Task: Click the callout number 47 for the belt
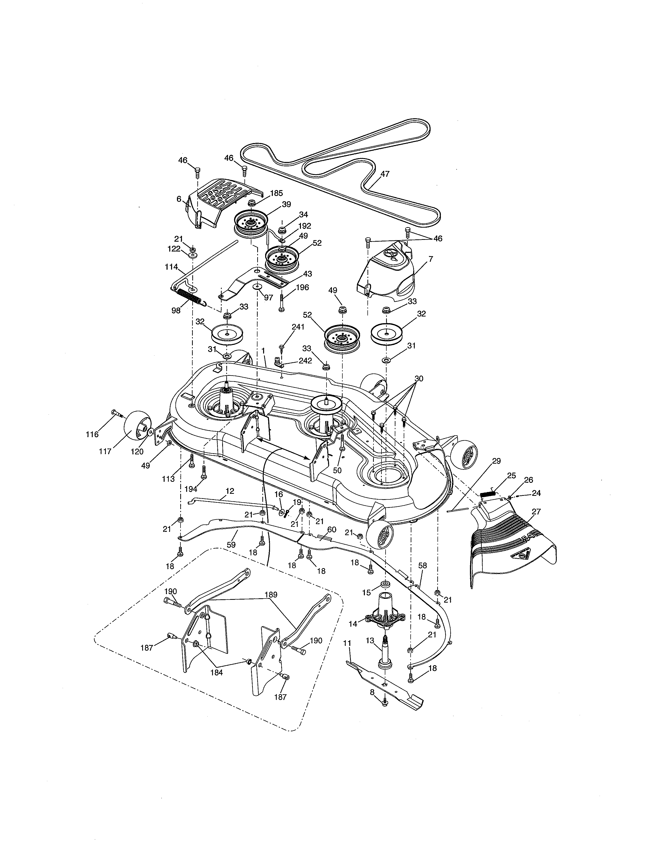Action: coord(385,174)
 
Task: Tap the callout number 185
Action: coord(277,193)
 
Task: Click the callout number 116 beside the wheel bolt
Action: coord(92,434)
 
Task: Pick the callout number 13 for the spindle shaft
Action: coord(370,640)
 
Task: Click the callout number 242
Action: coord(305,361)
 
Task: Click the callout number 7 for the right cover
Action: coord(431,259)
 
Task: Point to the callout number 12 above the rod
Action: coord(230,491)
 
